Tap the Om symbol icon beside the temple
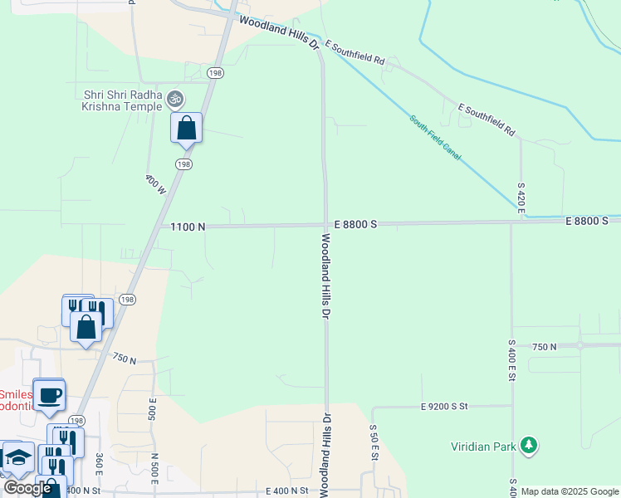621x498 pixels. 174,99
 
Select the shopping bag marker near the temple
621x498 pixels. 187,129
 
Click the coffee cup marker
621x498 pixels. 49,395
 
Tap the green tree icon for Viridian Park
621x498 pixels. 528,447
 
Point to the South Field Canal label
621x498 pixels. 434,138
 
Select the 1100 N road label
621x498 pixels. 188,226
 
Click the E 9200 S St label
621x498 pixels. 445,407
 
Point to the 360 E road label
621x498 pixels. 100,464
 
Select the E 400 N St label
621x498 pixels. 282,491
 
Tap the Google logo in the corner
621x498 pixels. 27,488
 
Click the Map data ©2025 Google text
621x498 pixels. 570,491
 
